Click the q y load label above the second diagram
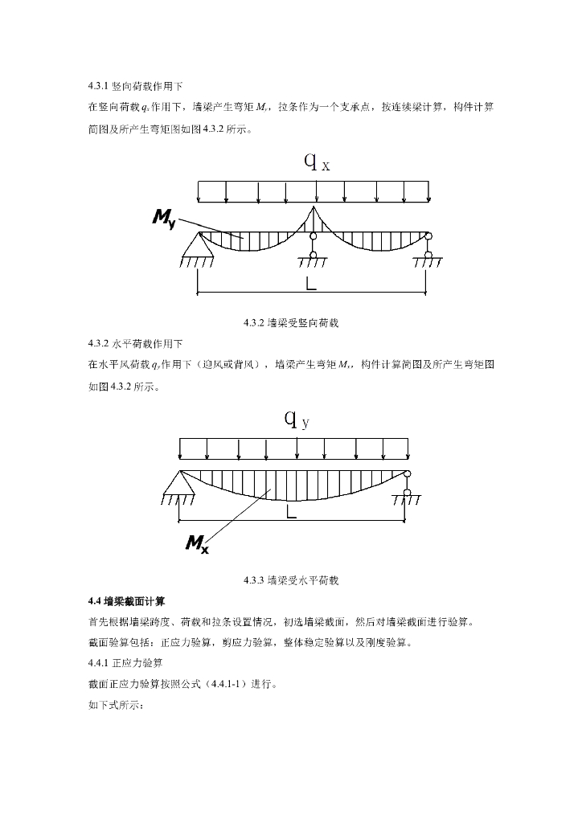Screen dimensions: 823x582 (297, 420)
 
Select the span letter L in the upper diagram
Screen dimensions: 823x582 (311, 284)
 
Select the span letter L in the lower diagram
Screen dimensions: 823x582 (291, 511)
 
